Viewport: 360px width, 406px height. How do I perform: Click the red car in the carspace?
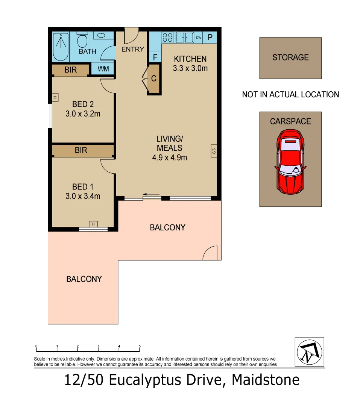[x=290, y=162]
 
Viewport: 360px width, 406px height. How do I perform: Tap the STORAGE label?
[x=290, y=58]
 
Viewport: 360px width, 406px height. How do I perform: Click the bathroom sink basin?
[x=102, y=36]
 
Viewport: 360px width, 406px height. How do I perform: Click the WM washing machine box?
[x=103, y=69]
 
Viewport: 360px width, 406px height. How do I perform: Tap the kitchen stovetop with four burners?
[x=167, y=38]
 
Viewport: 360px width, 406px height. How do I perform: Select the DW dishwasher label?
[x=199, y=38]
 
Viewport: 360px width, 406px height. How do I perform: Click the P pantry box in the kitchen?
[x=210, y=38]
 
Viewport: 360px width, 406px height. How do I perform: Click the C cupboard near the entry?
[x=153, y=79]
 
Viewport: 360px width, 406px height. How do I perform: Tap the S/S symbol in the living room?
[x=214, y=151]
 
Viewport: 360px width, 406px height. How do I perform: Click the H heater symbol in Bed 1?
[x=93, y=224]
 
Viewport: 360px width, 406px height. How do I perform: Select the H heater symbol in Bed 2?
[x=55, y=97]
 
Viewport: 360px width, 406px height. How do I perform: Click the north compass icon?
[x=309, y=352]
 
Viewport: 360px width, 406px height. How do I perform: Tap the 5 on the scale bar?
[x=140, y=346]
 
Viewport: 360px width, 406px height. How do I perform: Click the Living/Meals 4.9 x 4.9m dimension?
[x=169, y=158]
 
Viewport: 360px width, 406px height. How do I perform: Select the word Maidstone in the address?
[x=266, y=380]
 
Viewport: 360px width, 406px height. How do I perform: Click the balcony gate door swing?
[x=210, y=254]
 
